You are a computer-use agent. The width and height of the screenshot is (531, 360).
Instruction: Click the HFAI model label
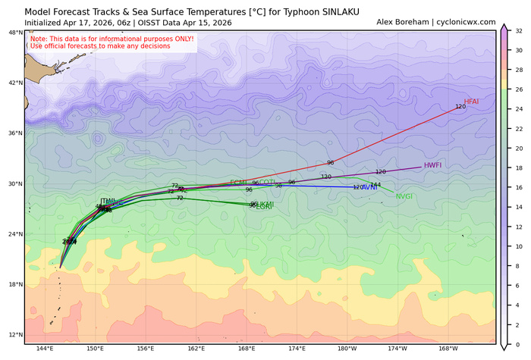pos(471,102)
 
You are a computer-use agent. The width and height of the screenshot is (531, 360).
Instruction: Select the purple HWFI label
pos(432,165)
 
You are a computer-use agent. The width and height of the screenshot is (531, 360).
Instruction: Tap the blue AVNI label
pos(369,187)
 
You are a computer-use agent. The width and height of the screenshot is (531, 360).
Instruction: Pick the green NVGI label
pos(404,196)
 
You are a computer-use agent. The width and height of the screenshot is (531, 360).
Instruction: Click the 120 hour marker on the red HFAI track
pos(460,107)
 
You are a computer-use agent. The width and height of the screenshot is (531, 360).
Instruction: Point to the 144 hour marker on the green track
pos(375,185)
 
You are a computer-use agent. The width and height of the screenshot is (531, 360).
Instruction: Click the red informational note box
pos(111,42)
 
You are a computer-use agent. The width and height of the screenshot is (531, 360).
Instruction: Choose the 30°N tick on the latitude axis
pos(14,184)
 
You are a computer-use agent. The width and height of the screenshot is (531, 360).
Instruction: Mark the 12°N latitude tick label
pos(14,335)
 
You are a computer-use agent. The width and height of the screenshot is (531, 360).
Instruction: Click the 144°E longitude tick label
pos(44,350)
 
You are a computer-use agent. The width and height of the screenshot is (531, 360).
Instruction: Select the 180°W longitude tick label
pos(347,350)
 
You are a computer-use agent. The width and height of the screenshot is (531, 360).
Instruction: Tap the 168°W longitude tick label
pos(448,350)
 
